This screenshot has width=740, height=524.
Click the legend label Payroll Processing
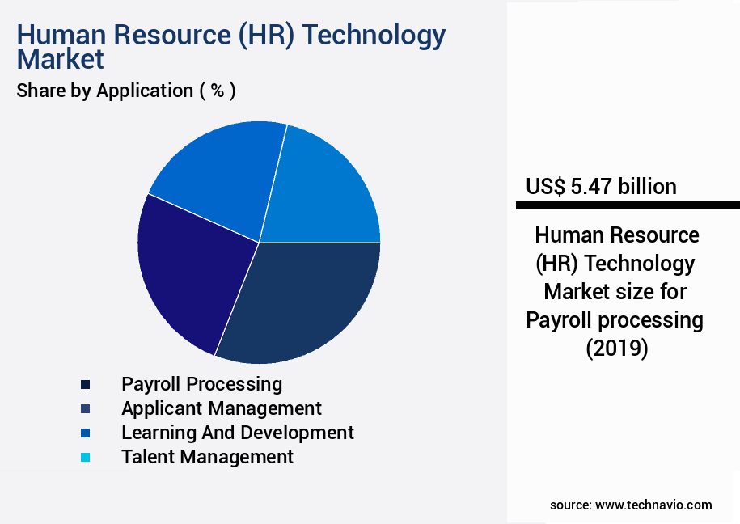[x=201, y=383]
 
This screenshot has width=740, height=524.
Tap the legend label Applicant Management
[x=221, y=408]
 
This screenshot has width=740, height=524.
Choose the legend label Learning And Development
[x=237, y=433]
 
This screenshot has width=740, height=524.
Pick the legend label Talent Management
[x=207, y=457]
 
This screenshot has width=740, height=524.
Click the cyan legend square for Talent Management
[x=85, y=458]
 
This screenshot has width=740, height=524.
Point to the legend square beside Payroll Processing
[x=85, y=384]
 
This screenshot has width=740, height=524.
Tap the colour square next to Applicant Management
[x=85, y=408]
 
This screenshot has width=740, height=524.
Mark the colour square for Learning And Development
[x=85, y=433]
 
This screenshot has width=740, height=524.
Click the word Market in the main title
[x=60, y=59]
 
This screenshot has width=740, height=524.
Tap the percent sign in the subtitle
[x=218, y=91]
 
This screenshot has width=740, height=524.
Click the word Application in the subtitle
[x=145, y=91]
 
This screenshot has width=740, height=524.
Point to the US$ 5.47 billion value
[x=601, y=187]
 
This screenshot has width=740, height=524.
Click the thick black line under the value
[x=628, y=205]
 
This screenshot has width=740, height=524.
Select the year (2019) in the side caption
[x=616, y=349]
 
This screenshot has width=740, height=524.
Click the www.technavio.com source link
[x=653, y=505]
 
